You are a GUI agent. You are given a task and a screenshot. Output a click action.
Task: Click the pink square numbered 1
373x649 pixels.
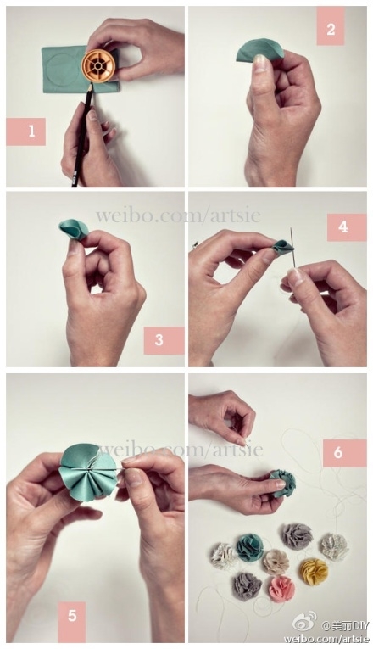click(x=25, y=131)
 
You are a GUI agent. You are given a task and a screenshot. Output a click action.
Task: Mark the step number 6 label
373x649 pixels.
click(x=344, y=453)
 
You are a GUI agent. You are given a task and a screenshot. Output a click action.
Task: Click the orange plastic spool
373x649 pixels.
click(x=98, y=66)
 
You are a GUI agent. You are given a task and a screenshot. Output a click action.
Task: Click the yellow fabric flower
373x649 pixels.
click(x=314, y=572)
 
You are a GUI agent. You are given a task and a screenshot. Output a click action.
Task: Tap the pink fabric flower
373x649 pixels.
click(x=282, y=590)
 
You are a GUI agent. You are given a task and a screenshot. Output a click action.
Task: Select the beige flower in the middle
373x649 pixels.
click(x=275, y=562)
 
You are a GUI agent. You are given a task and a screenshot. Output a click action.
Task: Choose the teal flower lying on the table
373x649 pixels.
click(x=250, y=547)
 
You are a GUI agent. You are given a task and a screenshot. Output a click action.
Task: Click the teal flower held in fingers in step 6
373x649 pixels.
click(x=283, y=483)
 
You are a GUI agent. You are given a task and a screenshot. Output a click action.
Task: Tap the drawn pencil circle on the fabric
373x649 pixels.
click(x=63, y=69)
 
